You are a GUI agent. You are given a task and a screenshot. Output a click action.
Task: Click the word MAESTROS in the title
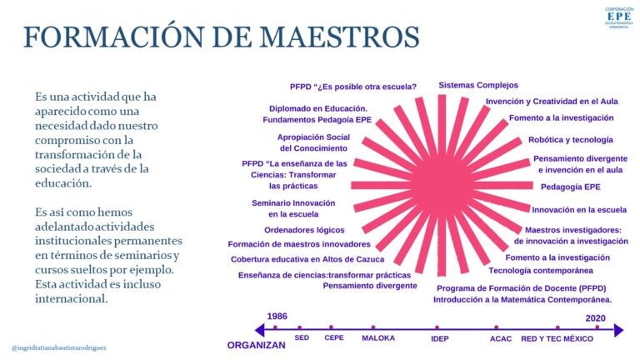click(339, 37)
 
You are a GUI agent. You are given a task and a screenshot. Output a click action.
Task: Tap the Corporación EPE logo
click(619, 17)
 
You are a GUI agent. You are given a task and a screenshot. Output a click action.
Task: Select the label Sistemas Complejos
click(478, 85)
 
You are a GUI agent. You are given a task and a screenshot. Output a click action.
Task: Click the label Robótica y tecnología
click(571, 140)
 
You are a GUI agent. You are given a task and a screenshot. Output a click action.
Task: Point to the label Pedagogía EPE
click(571, 187)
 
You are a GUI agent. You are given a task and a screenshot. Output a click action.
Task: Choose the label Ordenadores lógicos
click(304, 230)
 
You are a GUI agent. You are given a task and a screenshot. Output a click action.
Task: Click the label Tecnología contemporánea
click(541, 271)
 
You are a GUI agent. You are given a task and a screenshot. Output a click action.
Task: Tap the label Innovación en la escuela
click(579, 210)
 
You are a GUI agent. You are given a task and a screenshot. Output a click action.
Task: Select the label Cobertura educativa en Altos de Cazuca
click(307, 259)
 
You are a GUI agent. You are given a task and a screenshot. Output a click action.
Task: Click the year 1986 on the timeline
click(277, 317)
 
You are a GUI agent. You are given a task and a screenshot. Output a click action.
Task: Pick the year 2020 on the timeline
click(596, 318)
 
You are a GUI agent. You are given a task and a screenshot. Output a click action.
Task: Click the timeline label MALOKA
click(378, 338)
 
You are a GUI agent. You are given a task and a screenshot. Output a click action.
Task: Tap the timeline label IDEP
click(440, 338)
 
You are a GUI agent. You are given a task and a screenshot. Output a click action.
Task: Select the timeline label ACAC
click(501, 339)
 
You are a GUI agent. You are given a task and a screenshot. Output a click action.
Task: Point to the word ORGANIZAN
click(257, 345)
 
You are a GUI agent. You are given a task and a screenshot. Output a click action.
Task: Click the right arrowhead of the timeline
click(619, 330)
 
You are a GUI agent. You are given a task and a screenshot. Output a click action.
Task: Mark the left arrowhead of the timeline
click(259, 330)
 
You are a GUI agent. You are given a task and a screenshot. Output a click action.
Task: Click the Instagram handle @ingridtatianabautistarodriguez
click(59, 348)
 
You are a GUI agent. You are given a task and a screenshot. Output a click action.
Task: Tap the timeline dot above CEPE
click(331, 327)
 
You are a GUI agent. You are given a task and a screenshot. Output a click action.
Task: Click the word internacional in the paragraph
click(72, 299)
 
